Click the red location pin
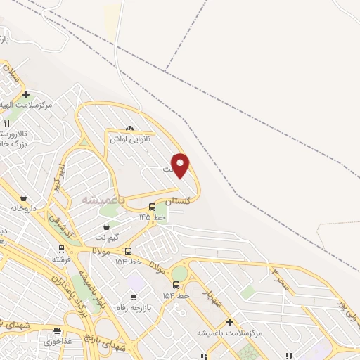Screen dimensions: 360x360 (181, 165)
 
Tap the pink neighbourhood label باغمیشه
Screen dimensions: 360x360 (103, 200)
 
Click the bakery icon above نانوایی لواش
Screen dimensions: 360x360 (129, 129)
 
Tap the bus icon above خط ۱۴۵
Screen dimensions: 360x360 (153, 207)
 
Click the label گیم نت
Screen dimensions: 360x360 (106, 238)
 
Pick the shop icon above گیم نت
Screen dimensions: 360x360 (106, 226)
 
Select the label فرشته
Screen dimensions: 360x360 (62, 259)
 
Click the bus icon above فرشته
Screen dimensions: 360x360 (62, 248)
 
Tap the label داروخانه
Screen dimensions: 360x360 (22, 209)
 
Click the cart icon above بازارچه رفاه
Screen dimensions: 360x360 (132, 296)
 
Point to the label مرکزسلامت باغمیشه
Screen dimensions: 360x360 (229, 333)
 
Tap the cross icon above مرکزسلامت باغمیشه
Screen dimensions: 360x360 (229, 321)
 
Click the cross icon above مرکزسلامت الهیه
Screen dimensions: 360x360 (25, 94)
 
